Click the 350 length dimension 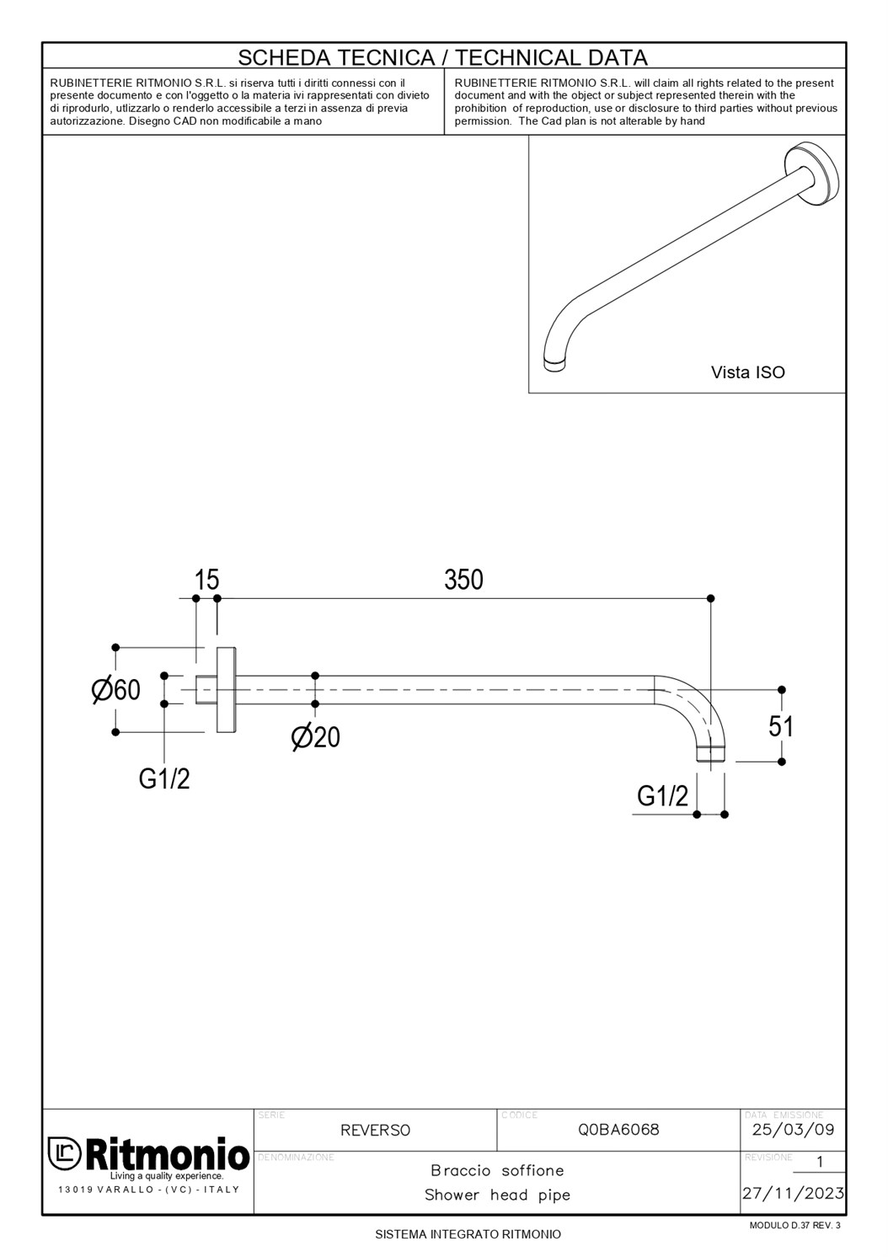pos(463,580)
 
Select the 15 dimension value pos(206,580)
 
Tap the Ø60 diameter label pos(116,690)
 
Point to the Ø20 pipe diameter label pos(316,737)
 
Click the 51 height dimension pos(781,726)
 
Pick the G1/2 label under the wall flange pos(164,779)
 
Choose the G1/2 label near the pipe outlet pos(662,795)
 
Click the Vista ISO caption pos(747,372)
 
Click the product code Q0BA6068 pos(618,1130)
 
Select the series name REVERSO pos(375,1131)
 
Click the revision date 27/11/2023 pos(793,1193)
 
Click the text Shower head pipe pos(497,1195)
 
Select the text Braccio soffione pos(497,1170)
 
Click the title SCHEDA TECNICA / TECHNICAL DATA pos(443,57)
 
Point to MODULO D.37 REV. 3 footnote pos(794,1225)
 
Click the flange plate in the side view pos(226,690)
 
